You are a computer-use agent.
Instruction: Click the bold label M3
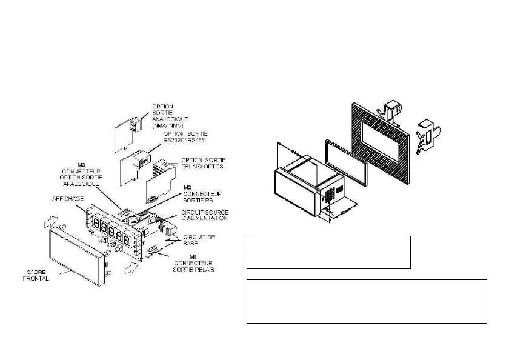click(81, 164)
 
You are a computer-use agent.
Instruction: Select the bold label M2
click(188, 187)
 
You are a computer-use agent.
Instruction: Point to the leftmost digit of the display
click(97, 225)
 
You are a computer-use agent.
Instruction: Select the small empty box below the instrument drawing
click(328, 252)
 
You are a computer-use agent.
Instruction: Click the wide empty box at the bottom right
click(367, 301)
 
